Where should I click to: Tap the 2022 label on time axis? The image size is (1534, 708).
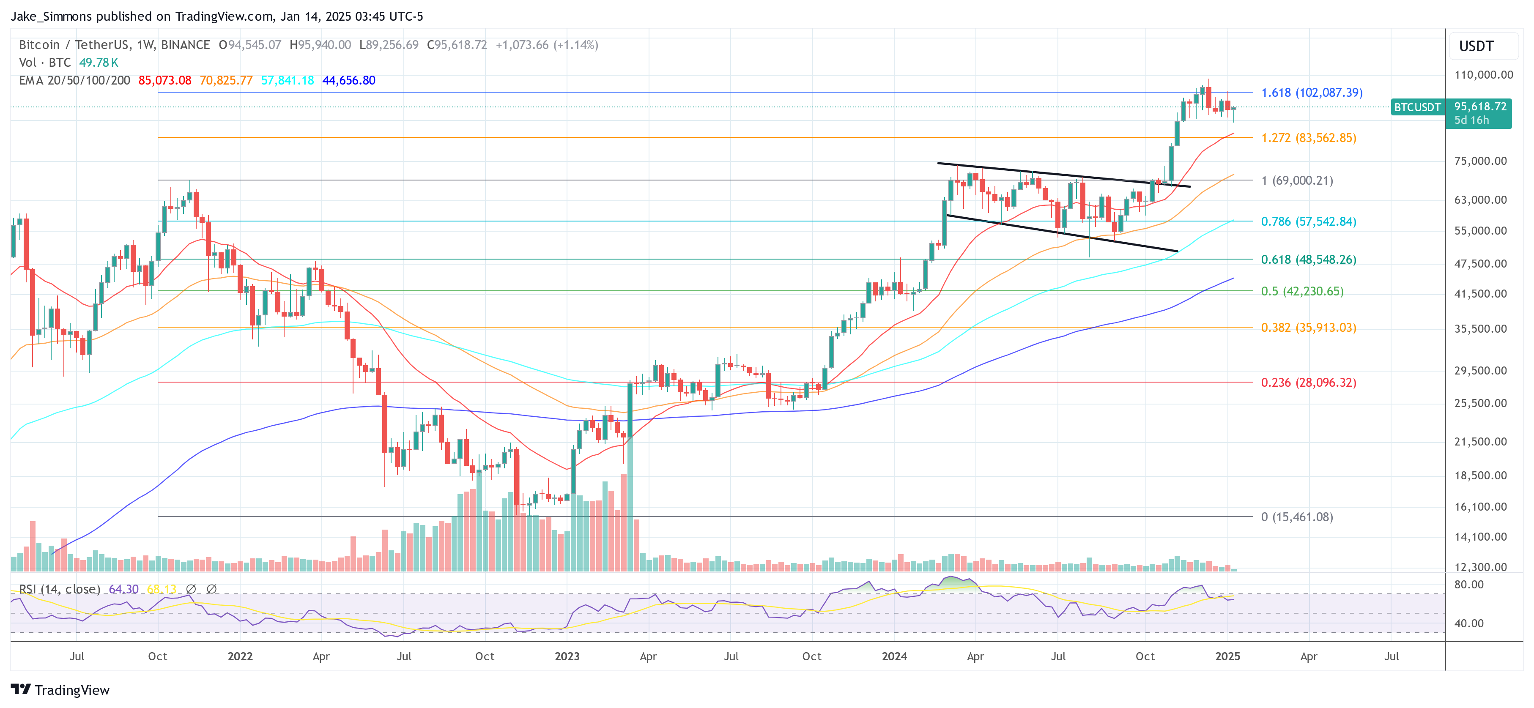pyautogui.click(x=240, y=656)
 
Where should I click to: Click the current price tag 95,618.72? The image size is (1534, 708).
pyautogui.click(x=1480, y=107)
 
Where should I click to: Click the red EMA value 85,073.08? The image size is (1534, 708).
pyautogui.click(x=164, y=80)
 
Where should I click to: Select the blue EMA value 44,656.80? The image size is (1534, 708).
pyautogui.click(x=348, y=80)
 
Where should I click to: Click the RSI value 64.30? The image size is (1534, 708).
pyautogui.click(x=123, y=589)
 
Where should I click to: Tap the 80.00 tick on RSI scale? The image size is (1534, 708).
pyautogui.click(x=1468, y=584)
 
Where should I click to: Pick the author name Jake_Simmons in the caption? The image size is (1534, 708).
pyautogui.click(x=51, y=16)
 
